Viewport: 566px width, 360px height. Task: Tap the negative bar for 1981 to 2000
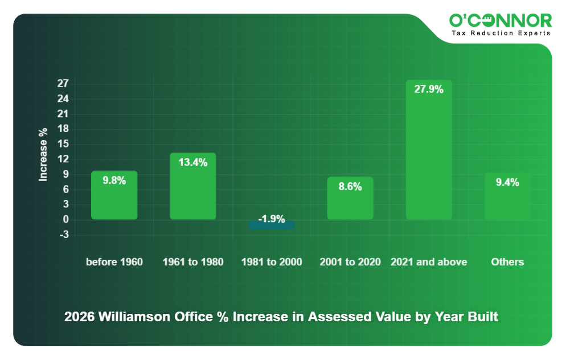272,225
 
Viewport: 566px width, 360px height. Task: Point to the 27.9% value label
429,89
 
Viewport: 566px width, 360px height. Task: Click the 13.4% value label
192,162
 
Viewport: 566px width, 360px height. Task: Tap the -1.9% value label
272,219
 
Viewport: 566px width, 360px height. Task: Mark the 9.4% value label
507,183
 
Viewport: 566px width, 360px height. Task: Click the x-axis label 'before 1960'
114,262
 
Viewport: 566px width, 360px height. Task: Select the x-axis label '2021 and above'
429,262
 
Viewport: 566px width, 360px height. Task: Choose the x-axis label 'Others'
507,262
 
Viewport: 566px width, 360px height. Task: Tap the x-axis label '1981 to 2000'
272,262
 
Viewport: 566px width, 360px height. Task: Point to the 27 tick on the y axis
63,84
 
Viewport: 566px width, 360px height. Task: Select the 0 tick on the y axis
65,219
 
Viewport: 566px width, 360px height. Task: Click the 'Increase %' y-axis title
43,154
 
